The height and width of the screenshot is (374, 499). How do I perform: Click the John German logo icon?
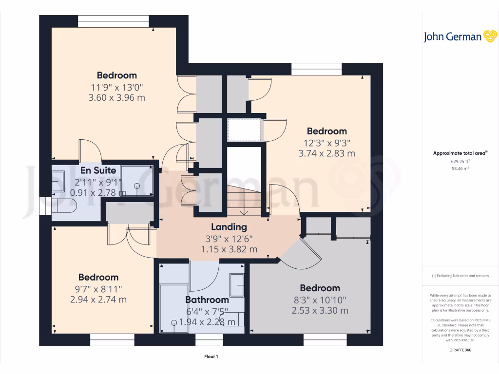(x=489, y=37)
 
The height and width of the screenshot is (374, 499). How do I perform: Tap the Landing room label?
(x=229, y=227)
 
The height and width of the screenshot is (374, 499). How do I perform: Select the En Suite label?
(x=98, y=170)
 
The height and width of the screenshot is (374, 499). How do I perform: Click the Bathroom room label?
(x=207, y=299)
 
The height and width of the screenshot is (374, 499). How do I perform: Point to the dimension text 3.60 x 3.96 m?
(x=118, y=97)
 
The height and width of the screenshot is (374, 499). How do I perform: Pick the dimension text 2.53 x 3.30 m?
(x=320, y=310)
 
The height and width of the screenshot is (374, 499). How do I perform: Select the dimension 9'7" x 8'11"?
(x=98, y=288)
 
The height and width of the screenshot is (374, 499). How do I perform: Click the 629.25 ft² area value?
(x=460, y=161)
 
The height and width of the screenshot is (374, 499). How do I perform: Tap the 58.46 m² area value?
(x=460, y=168)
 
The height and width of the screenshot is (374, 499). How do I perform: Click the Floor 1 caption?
(x=211, y=357)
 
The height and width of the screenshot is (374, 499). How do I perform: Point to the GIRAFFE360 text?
(x=460, y=350)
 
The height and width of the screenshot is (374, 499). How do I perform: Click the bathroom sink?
(x=237, y=284)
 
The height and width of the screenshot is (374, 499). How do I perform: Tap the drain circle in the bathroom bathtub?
(x=174, y=322)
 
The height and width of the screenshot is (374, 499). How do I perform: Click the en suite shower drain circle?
(x=137, y=186)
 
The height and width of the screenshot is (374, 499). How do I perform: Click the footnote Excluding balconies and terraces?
(x=460, y=276)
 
